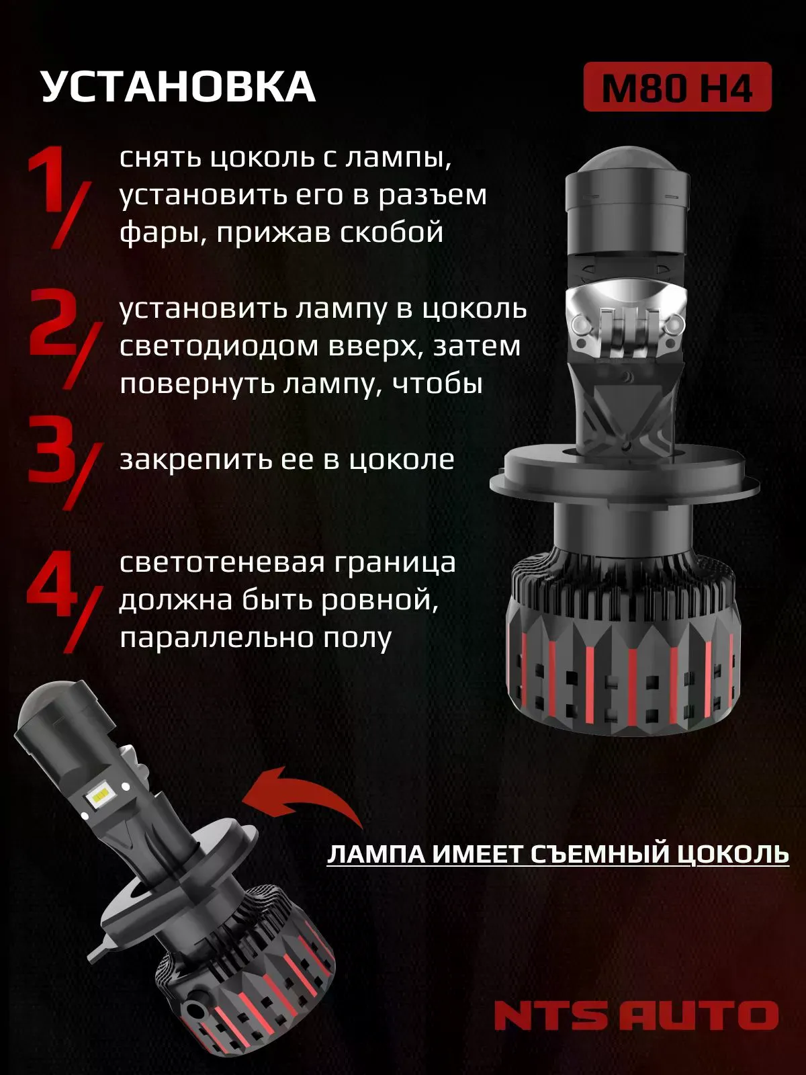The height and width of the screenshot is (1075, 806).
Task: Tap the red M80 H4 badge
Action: point(677,87)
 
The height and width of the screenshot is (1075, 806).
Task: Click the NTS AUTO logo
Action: point(635,1015)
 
